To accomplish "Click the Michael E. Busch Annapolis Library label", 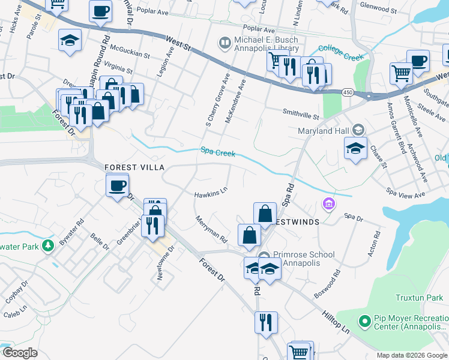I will pyautogui.click(x=266, y=44).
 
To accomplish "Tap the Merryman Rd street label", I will pyautogui.click(x=212, y=229).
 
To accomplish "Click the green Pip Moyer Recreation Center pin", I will pyautogui.click(x=363, y=322).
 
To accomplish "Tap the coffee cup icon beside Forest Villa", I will pyautogui.click(x=118, y=184).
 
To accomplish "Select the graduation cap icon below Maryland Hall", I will pyautogui.click(x=355, y=148).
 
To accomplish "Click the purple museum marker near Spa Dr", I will pyautogui.click(x=328, y=205).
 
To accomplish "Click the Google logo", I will pyautogui.click(x=19, y=353).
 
